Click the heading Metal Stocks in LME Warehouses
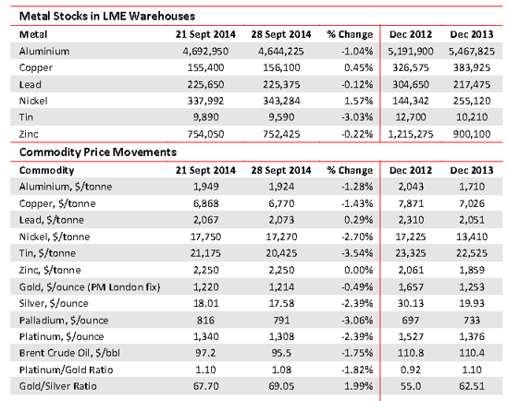[x=107, y=16]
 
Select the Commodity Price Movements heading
[x=98, y=152]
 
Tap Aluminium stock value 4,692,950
[x=205, y=51]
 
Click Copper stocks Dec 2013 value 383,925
[x=472, y=67]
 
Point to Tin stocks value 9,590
[x=281, y=116]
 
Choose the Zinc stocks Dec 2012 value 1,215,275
[x=411, y=134]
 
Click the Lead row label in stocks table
[x=31, y=84]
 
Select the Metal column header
[x=33, y=34]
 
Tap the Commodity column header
[x=46, y=170]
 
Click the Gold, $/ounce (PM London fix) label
[x=90, y=287]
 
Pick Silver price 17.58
[x=281, y=303]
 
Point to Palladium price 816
[x=205, y=320]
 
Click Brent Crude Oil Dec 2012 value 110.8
[x=411, y=353]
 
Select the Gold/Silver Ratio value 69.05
[x=281, y=386]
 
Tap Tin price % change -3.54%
[x=357, y=253]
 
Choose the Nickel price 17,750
[x=205, y=237]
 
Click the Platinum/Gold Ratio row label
[x=66, y=370]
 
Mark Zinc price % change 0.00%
[x=359, y=270]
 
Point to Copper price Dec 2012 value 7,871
[x=411, y=203]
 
